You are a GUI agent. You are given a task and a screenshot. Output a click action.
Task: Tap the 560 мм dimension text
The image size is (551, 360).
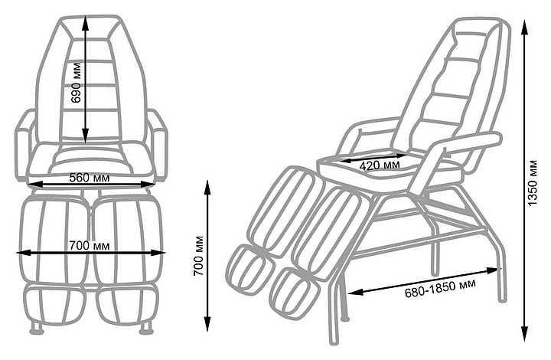point(89,177)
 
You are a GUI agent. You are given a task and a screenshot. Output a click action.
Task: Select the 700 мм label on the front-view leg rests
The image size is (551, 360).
point(89,246)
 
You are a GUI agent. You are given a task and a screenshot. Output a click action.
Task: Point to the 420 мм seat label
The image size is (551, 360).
point(380,164)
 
